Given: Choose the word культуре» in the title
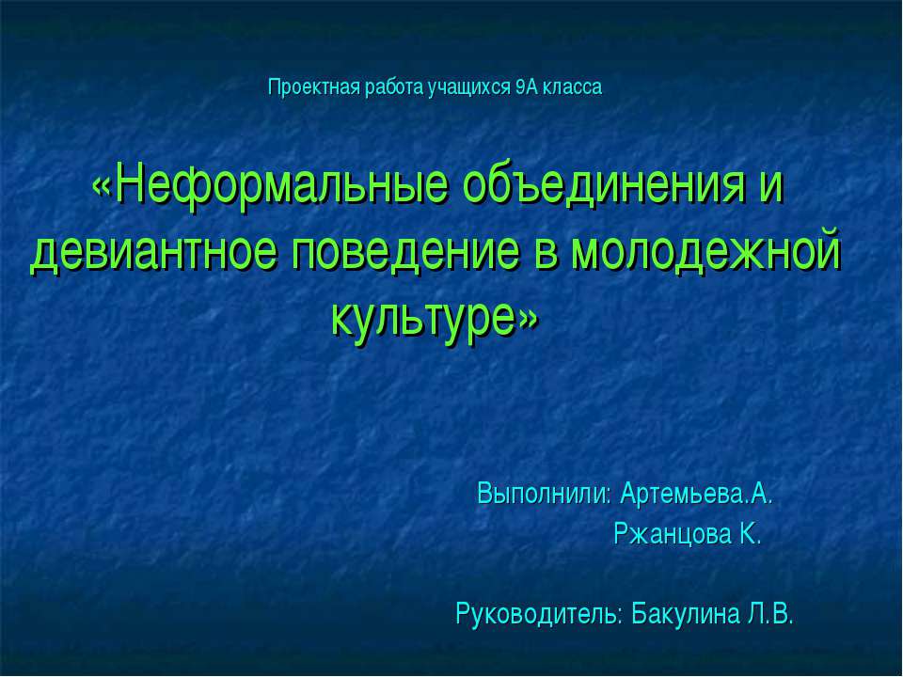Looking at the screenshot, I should (435, 318).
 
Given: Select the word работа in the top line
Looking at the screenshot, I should (394, 88).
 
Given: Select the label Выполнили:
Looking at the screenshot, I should (545, 494).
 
